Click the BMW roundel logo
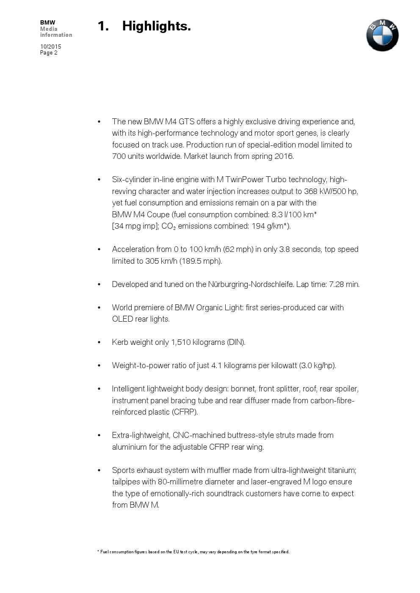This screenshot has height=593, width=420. click(x=382, y=36)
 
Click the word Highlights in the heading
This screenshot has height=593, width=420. click(x=156, y=26)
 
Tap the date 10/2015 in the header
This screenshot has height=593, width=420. click(x=51, y=46)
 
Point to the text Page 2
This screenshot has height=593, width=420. click(x=49, y=53)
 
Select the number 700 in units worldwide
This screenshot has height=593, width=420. click(x=119, y=156)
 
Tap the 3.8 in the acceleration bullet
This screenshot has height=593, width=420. click(x=285, y=249)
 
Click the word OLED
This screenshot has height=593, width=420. click(x=122, y=319)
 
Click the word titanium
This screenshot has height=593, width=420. click(x=342, y=470)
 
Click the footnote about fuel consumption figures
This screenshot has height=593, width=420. click(x=193, y=552)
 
